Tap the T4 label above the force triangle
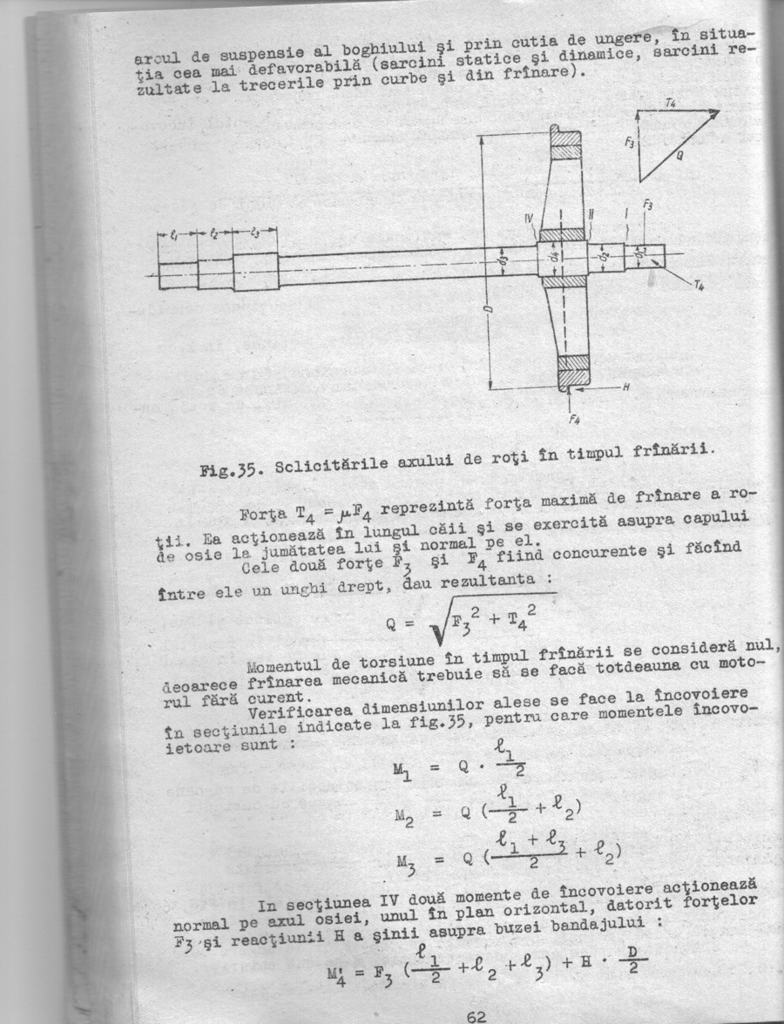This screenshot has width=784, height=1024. tap(670, 103)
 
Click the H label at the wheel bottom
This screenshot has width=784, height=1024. tap(625, 385)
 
